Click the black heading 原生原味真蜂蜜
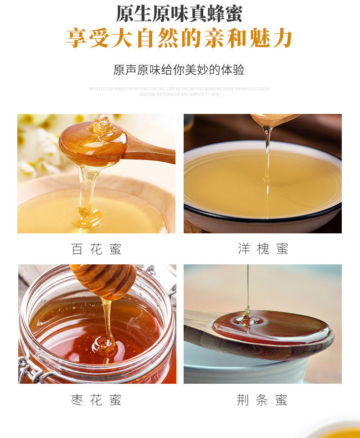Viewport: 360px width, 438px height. tap(179, 14)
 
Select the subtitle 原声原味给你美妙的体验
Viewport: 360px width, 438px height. tap(179, 70)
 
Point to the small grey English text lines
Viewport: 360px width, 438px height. tap(179, 91)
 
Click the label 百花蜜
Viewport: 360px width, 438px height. tap(96, 249)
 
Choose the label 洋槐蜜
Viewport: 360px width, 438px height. tap(263, 249)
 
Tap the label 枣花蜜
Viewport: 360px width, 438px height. tap(96, 400)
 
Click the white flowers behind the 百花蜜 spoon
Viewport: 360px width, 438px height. tap(39, 146)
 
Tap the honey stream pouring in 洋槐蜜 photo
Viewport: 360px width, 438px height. tap(267, 155)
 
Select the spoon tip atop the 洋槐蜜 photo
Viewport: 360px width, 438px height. tap(273, 119)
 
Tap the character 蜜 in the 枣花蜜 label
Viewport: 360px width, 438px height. tap(115, 400)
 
